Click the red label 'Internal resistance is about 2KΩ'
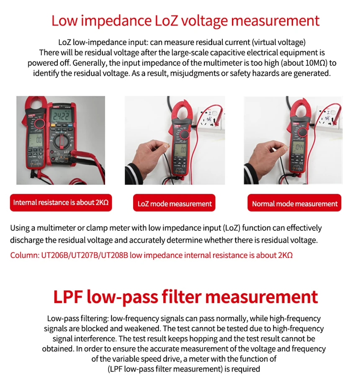click(x=61, y=203)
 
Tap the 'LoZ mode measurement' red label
click(x=175, y=204)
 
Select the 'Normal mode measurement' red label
click(x=294, y=204)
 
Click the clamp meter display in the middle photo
click(x=180, y=149)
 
